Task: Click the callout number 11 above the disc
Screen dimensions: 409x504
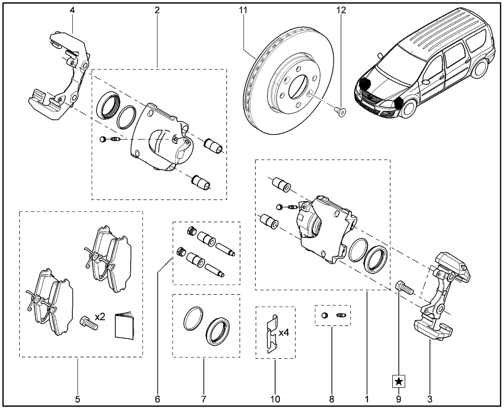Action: [243, 11]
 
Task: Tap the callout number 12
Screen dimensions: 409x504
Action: [341, 11]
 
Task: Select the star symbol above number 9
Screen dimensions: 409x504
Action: [399, 381]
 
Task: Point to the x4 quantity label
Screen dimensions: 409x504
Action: [284, 333]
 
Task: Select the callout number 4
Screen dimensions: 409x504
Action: [72, 11]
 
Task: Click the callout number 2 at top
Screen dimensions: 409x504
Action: [157, 11]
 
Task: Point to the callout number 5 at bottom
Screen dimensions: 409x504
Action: [78, 399]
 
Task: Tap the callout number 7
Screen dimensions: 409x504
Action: [204, 399]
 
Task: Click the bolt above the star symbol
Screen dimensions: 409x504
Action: [403, 288]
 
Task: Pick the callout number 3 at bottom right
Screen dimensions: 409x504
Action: [430, 399]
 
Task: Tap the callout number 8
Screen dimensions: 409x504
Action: [332, 399]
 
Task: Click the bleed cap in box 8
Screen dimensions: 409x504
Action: [324, 315]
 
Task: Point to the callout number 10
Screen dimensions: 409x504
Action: [275, 399]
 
